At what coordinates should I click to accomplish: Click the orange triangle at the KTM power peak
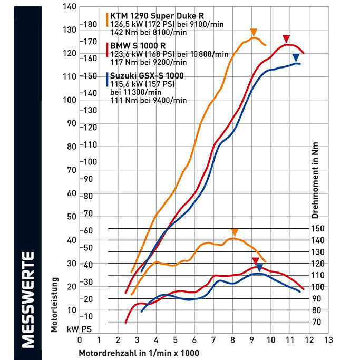coord(254,32)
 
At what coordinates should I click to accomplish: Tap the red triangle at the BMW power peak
coord(286,38)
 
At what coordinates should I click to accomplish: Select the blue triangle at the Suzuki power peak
coord(296,57)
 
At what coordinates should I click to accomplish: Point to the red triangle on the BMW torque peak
coord(256,261)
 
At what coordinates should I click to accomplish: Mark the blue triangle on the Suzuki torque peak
coord(259,268)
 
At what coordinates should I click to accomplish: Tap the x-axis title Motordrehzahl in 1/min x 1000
coord(140,351)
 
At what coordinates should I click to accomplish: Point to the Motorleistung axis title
coord(54,298)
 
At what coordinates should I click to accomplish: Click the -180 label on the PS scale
coord(90,24)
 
